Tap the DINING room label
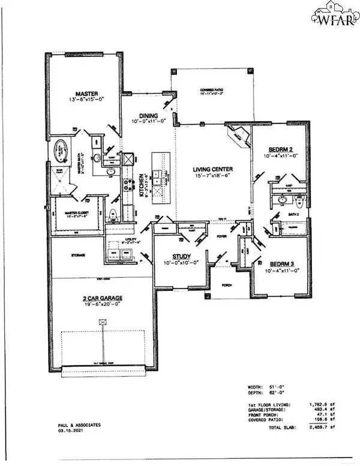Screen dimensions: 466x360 (147, 116)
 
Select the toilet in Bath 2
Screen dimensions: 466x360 (299, 200)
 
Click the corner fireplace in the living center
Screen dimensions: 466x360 (239, 139)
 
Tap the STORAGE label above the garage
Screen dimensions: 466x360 (77, 255)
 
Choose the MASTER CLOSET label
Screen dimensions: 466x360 (72, 211)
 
